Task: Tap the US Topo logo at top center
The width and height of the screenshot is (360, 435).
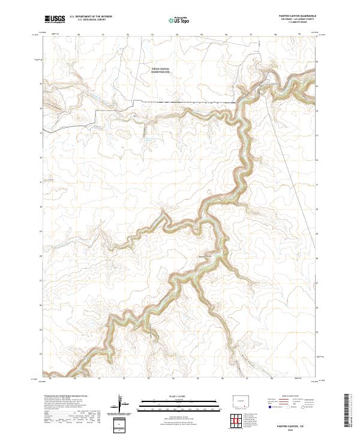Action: point(174,19)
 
